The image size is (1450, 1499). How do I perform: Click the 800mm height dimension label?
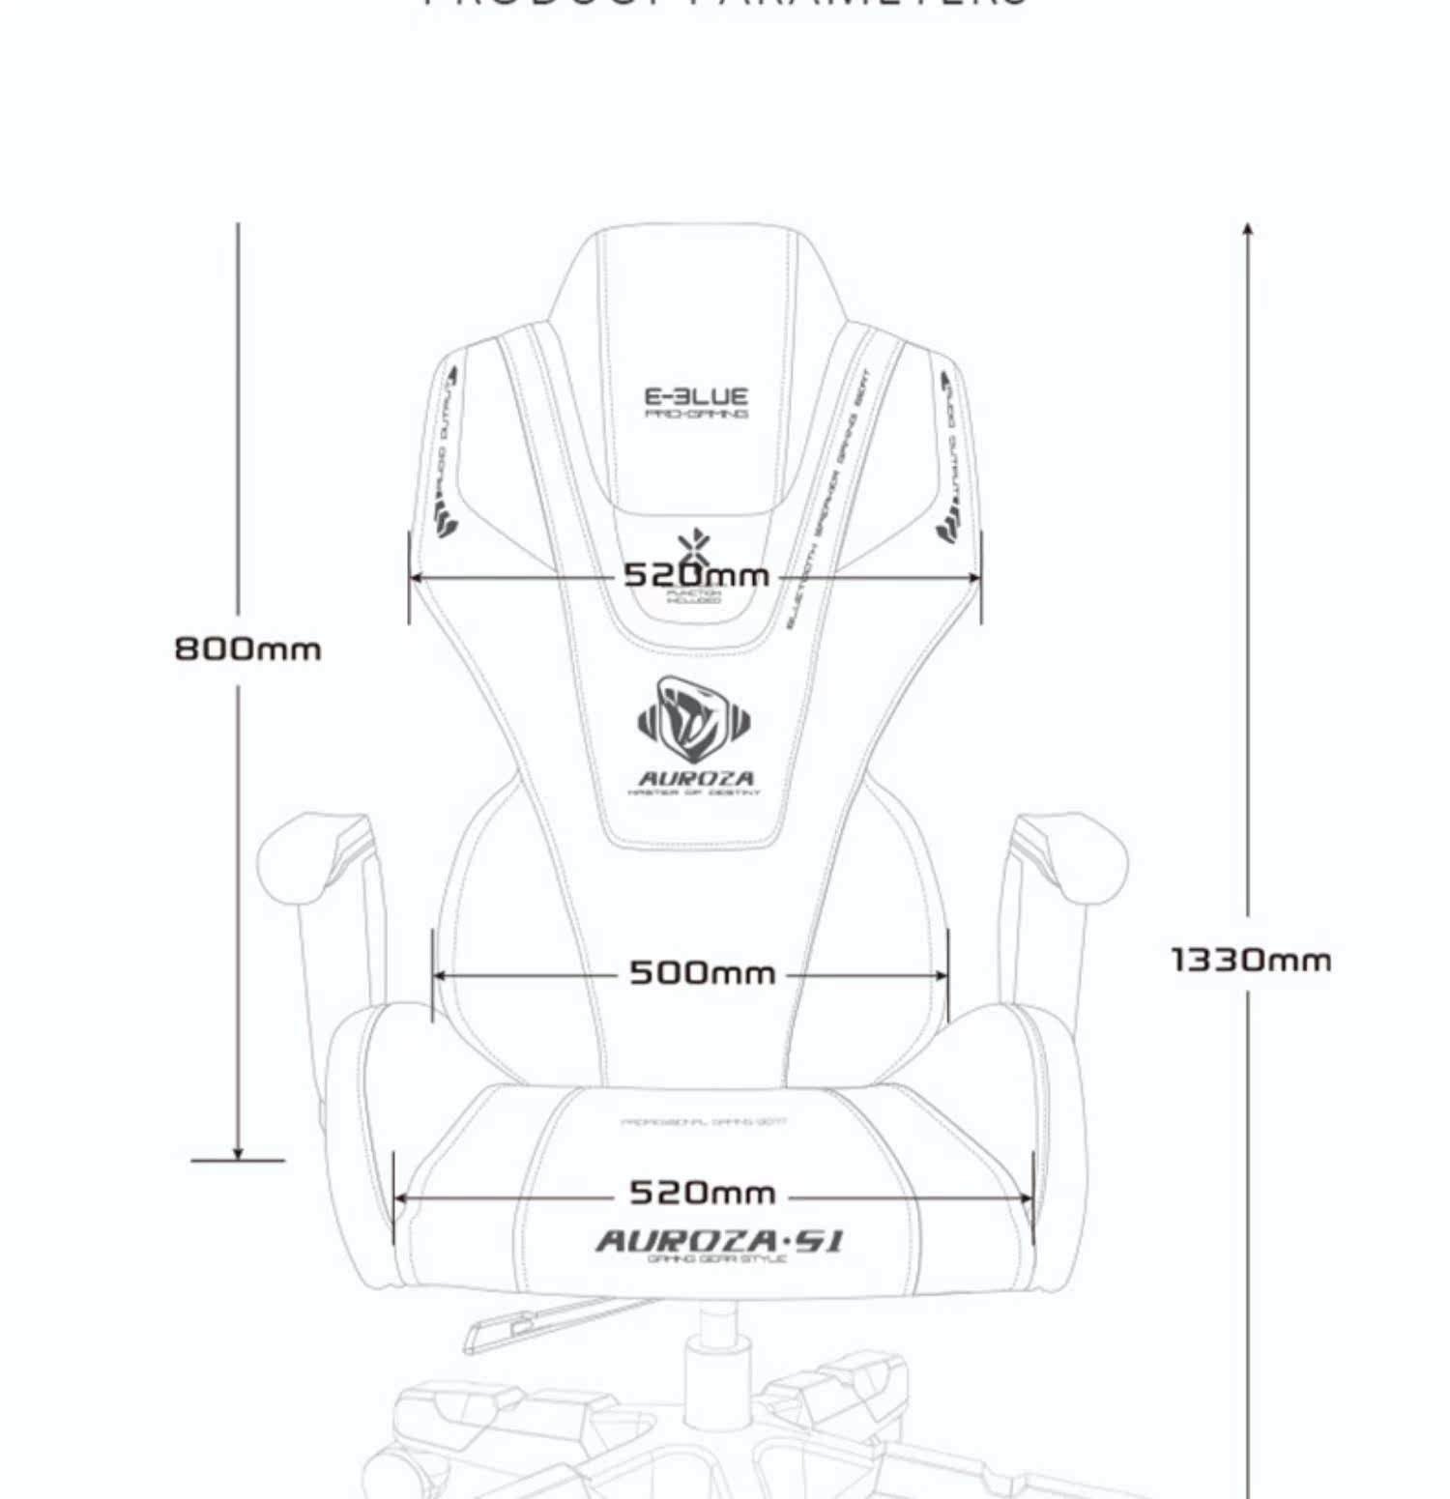(247, 649)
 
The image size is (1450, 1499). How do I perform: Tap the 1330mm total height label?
(1251, 961)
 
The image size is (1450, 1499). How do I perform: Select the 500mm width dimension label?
(702, 972)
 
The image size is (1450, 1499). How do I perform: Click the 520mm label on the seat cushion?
(702, 1193)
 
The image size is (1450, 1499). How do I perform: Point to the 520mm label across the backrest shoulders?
(696, 576)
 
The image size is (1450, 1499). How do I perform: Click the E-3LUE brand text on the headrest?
(696, 396)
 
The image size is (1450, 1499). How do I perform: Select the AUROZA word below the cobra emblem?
(696, 778)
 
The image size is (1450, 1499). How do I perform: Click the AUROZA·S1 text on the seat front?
(718, 1240)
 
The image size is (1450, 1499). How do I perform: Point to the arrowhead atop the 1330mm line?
(1248, 229)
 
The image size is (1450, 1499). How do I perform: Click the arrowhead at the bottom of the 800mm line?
(238, 1152)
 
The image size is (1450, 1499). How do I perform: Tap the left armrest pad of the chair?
(309, 855)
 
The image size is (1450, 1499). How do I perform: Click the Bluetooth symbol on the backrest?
(692, 547)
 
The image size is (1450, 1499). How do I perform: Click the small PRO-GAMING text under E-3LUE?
(696, 415)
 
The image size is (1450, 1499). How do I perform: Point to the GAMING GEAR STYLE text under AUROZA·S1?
(718, 1259)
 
